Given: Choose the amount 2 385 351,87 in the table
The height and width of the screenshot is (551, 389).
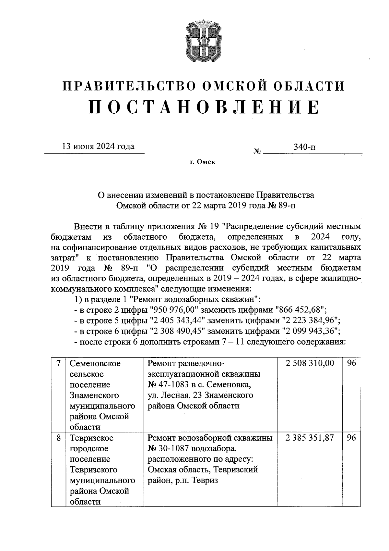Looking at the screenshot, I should coord(310,438).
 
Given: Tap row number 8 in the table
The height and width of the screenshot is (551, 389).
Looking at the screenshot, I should coord(58,438).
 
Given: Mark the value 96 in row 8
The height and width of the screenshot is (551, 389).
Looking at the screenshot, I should coord(351,438).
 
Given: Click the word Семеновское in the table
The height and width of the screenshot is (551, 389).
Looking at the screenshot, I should coord(95,364).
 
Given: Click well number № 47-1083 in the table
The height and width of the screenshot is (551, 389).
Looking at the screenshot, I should coord(171,385).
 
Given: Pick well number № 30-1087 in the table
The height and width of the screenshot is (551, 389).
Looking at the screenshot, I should coord(171,449).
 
